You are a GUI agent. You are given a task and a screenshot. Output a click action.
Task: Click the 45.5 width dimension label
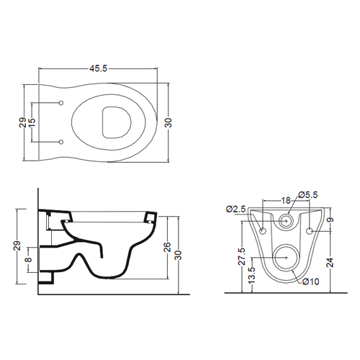[x=98, y=68]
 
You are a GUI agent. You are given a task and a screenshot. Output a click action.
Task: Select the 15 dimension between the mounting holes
[x=32, y=122]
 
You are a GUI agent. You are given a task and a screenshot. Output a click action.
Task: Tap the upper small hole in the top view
[x=61, y=103]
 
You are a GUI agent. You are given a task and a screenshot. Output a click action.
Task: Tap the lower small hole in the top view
[x=61, y=142]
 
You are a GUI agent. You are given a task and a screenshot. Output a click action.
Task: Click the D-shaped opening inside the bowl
[x=117, y=122]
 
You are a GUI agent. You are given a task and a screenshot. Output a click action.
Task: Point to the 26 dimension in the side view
[x=167, y=247]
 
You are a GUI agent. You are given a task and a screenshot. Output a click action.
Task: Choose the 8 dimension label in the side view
[x=28, y=260]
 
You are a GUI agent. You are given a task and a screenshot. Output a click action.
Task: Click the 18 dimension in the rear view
[x=286, y=200]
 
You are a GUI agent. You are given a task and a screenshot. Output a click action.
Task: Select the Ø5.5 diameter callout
[x=308, y=194]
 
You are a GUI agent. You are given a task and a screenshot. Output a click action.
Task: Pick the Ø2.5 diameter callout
[x=235, y=209]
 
